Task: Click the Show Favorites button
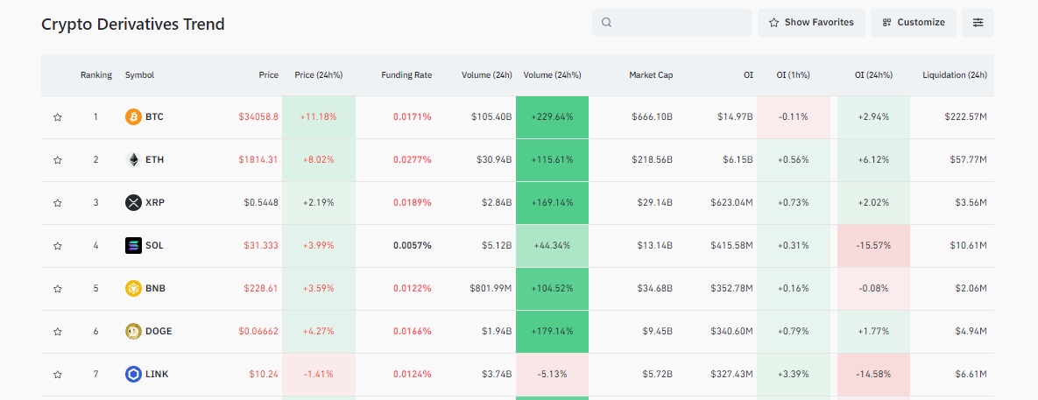point(811,23)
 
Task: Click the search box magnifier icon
point(606,23)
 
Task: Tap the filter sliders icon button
point(978,23)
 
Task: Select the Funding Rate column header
point(406,75)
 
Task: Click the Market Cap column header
point(651,75)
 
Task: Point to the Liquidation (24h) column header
point(955,75)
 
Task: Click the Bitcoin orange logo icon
point(133,117)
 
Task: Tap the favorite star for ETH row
point(58,160)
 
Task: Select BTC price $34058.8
point(258,117)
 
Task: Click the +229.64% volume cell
point(552,117)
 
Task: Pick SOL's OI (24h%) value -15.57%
point(873,245)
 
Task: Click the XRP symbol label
point(155,202)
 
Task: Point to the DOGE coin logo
point(133,331)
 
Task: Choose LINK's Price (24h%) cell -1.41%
point(319,375)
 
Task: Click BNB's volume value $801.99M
point(491,288)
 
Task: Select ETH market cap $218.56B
point(652,160)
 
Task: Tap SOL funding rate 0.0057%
point(412,245)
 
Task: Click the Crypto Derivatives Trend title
point(133,25)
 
